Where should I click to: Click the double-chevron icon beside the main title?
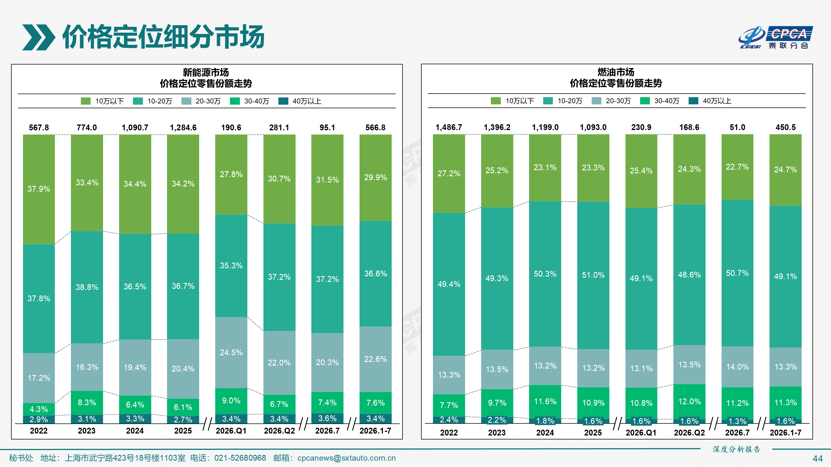point(39,37)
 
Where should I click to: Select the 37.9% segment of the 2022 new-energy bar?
point(39,189)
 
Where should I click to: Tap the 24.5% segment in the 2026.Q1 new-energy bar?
point(231,352)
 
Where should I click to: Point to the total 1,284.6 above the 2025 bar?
point(183,128)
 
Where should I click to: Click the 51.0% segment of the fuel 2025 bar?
point(593,275)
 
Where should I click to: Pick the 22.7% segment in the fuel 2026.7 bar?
point(737,167)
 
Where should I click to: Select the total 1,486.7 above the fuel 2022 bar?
point(449,127)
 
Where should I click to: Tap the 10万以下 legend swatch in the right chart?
point(496,101)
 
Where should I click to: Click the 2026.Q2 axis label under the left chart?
point(279,431)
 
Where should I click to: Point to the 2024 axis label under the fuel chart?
point(545,433)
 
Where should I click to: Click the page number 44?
point(817,459)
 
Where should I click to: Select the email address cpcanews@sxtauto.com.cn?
point(347,458)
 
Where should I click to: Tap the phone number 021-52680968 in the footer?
point(240,458)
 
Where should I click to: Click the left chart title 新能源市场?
point(206,72)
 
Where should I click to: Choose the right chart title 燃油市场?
point(616,72)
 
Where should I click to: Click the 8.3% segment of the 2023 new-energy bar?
point(87,403)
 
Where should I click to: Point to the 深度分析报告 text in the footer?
point(737,449)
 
